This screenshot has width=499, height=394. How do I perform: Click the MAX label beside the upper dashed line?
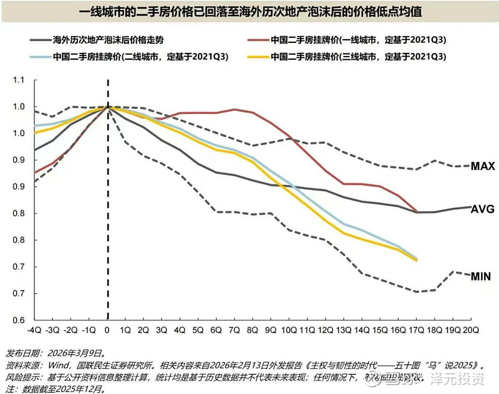[482, 166]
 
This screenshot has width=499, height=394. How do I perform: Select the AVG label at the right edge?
[482, 209]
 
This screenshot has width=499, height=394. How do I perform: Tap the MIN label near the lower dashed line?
[480, 276]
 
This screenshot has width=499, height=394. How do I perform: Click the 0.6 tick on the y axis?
[17, 320]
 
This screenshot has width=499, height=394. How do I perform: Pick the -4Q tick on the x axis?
[35, 330]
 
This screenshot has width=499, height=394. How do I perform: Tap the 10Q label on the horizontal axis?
[289, 330]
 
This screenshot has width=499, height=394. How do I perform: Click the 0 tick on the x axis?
[108, 330]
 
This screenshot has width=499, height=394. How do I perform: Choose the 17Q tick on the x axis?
[415, 330]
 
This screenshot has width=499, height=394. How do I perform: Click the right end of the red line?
[416, 212]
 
